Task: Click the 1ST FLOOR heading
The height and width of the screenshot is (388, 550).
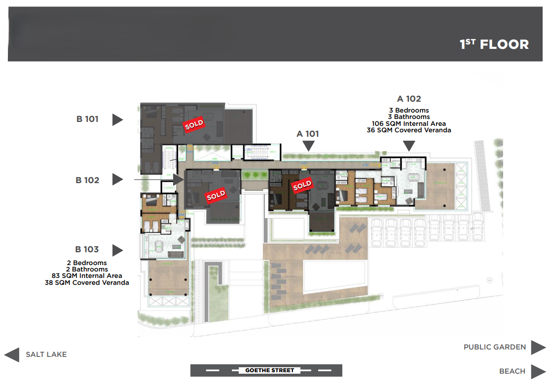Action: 494,44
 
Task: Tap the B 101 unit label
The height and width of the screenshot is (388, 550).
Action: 87,119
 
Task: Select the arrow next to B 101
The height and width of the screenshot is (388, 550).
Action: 117,119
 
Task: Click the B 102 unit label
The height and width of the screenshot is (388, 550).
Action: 87,180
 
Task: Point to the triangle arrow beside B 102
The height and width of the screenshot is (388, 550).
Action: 117,179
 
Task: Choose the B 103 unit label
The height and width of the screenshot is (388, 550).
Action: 87,249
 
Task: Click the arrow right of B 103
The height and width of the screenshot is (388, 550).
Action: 117,250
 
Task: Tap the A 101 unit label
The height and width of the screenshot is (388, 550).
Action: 308,134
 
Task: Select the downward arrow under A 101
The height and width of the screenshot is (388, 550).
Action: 309,146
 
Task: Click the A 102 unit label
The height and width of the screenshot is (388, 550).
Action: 409,99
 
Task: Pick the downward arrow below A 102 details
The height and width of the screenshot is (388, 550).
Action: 409,146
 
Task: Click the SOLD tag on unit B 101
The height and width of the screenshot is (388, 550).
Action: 194,125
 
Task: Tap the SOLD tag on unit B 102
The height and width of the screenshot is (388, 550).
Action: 216,195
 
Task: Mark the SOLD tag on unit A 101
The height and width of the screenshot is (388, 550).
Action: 302,186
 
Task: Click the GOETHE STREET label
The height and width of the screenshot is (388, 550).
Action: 269,370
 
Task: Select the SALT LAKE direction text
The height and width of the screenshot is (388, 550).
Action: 46,354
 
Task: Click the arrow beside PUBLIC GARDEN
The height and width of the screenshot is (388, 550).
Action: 538,347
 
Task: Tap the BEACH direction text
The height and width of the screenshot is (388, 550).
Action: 512,371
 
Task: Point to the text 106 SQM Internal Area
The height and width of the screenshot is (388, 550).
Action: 409,123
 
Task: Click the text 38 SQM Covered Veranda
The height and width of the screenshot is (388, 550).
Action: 87,283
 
